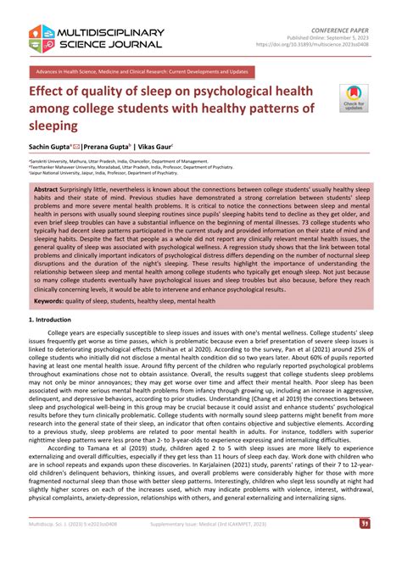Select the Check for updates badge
(352, 97)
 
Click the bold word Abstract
(46, 190)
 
